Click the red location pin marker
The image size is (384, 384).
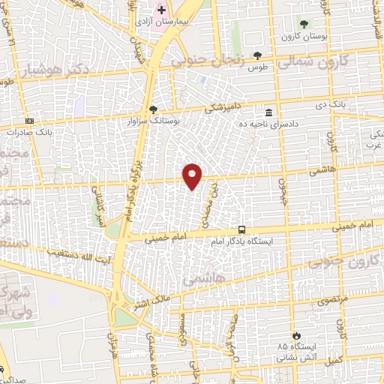(x=193, y=175)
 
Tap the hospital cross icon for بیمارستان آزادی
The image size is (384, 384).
(x=161, y=10)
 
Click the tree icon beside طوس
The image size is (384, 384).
(x=258, y=55)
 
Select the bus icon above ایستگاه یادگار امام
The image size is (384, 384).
(x=241, y=229)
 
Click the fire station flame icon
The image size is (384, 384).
(x=297, y=336)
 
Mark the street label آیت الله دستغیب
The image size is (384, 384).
(x=73, y=252)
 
